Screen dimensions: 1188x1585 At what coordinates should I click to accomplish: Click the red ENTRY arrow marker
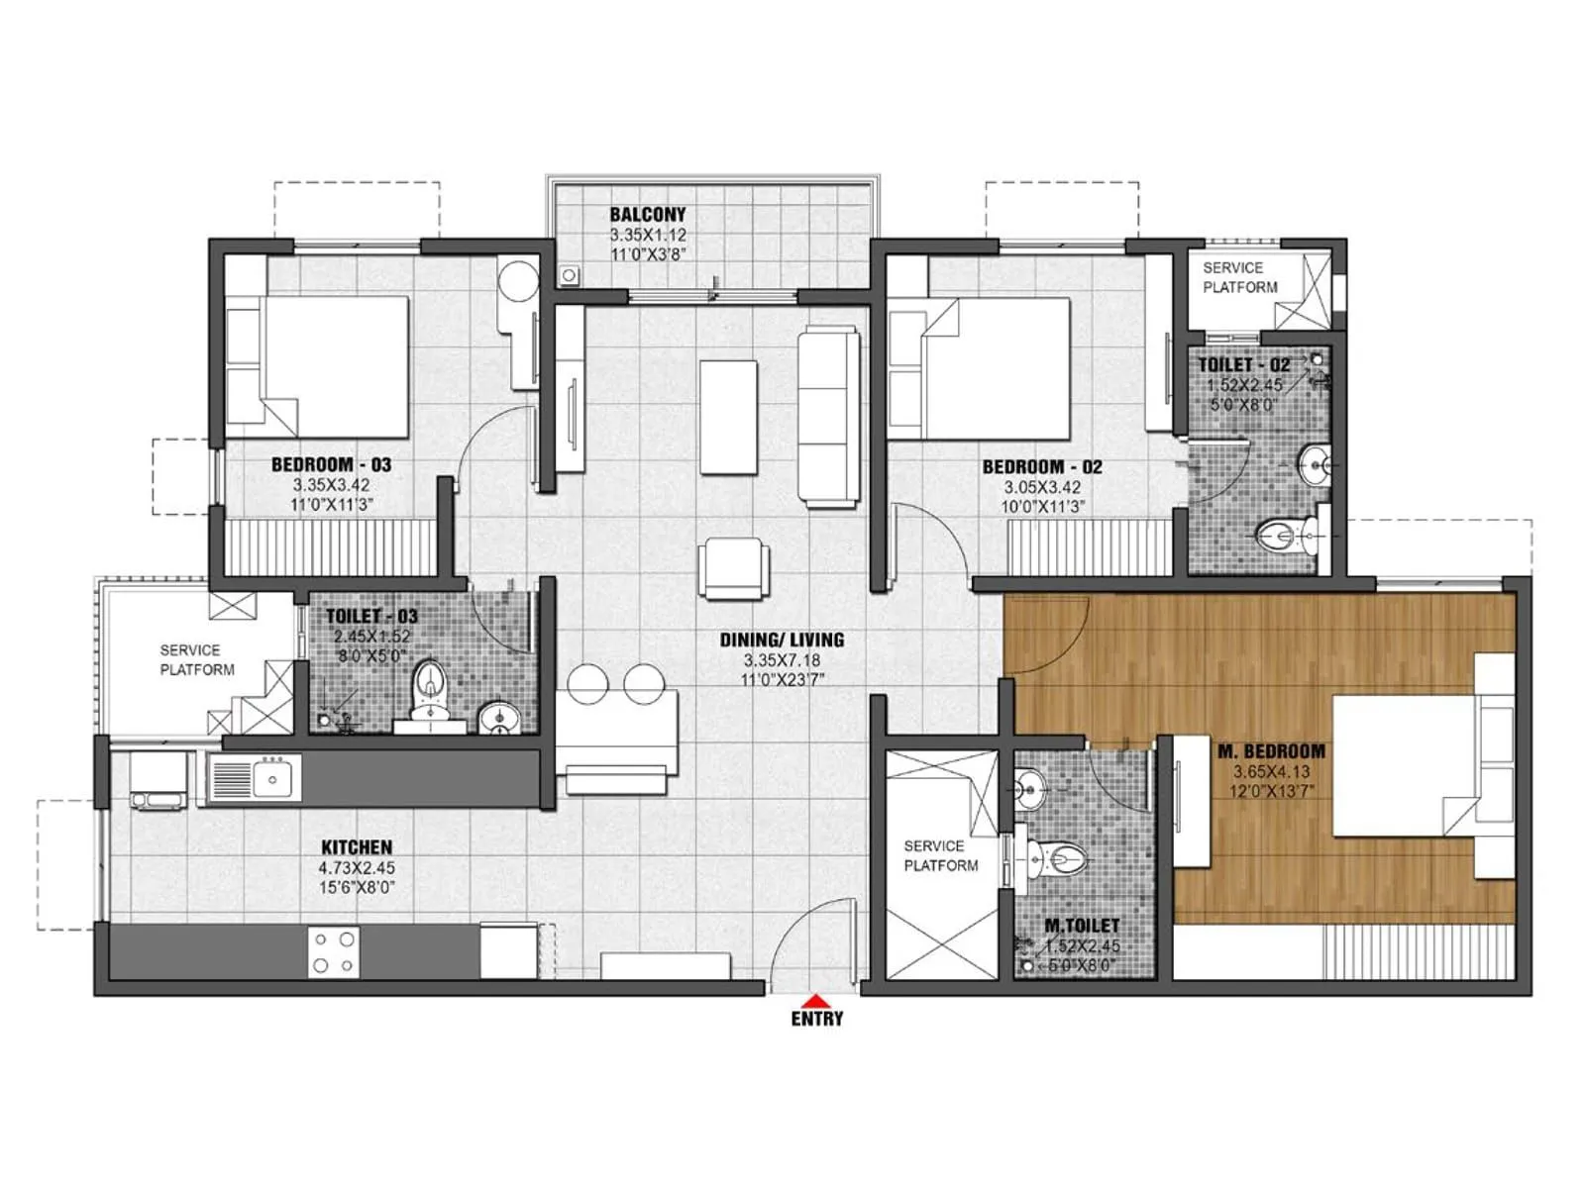(x=816, y=1000)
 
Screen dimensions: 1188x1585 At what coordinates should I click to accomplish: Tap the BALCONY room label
(x=647, y=215)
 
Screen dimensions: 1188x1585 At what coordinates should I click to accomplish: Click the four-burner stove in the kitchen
(x=333, y=951)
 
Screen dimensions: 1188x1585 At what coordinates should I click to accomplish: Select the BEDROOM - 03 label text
(x=331, y=464)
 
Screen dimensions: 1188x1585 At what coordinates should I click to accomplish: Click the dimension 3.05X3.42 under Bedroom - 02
(x=1042, y=487)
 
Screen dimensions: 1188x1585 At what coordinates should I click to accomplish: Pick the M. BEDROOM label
(x=1271, y=751)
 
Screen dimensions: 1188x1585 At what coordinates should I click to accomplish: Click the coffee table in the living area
(x=728, y=417)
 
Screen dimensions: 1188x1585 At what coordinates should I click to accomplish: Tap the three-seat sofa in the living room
(x=828, y=417)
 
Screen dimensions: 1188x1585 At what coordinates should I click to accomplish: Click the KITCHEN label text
(x=357, y=847)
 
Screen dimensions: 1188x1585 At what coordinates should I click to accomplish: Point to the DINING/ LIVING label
(x=782, y=640)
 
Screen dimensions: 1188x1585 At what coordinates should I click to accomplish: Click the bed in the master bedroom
(x=1407, y=765)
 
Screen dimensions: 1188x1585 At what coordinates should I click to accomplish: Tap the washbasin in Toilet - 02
(x=1315, y=462)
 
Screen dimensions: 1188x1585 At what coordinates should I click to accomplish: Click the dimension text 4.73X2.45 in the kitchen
(x=357, y=868)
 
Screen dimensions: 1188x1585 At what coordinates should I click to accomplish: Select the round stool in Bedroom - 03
(x=517, y=281)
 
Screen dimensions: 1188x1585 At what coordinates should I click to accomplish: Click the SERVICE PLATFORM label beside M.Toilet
(x=940, y=855)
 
